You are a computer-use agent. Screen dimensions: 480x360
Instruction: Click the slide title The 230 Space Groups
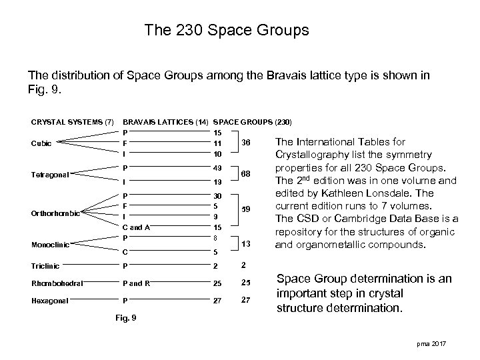click(227, 31)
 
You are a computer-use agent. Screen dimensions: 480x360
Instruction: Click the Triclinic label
click(45, 265)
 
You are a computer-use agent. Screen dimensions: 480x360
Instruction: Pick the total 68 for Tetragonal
click(246, 175)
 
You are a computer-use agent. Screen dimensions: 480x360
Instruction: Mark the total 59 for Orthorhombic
click(246, 210)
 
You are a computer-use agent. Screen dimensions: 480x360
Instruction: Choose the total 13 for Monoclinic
click(246, 244)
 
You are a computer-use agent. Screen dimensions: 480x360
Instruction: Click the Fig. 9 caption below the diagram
click(125, 317)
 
